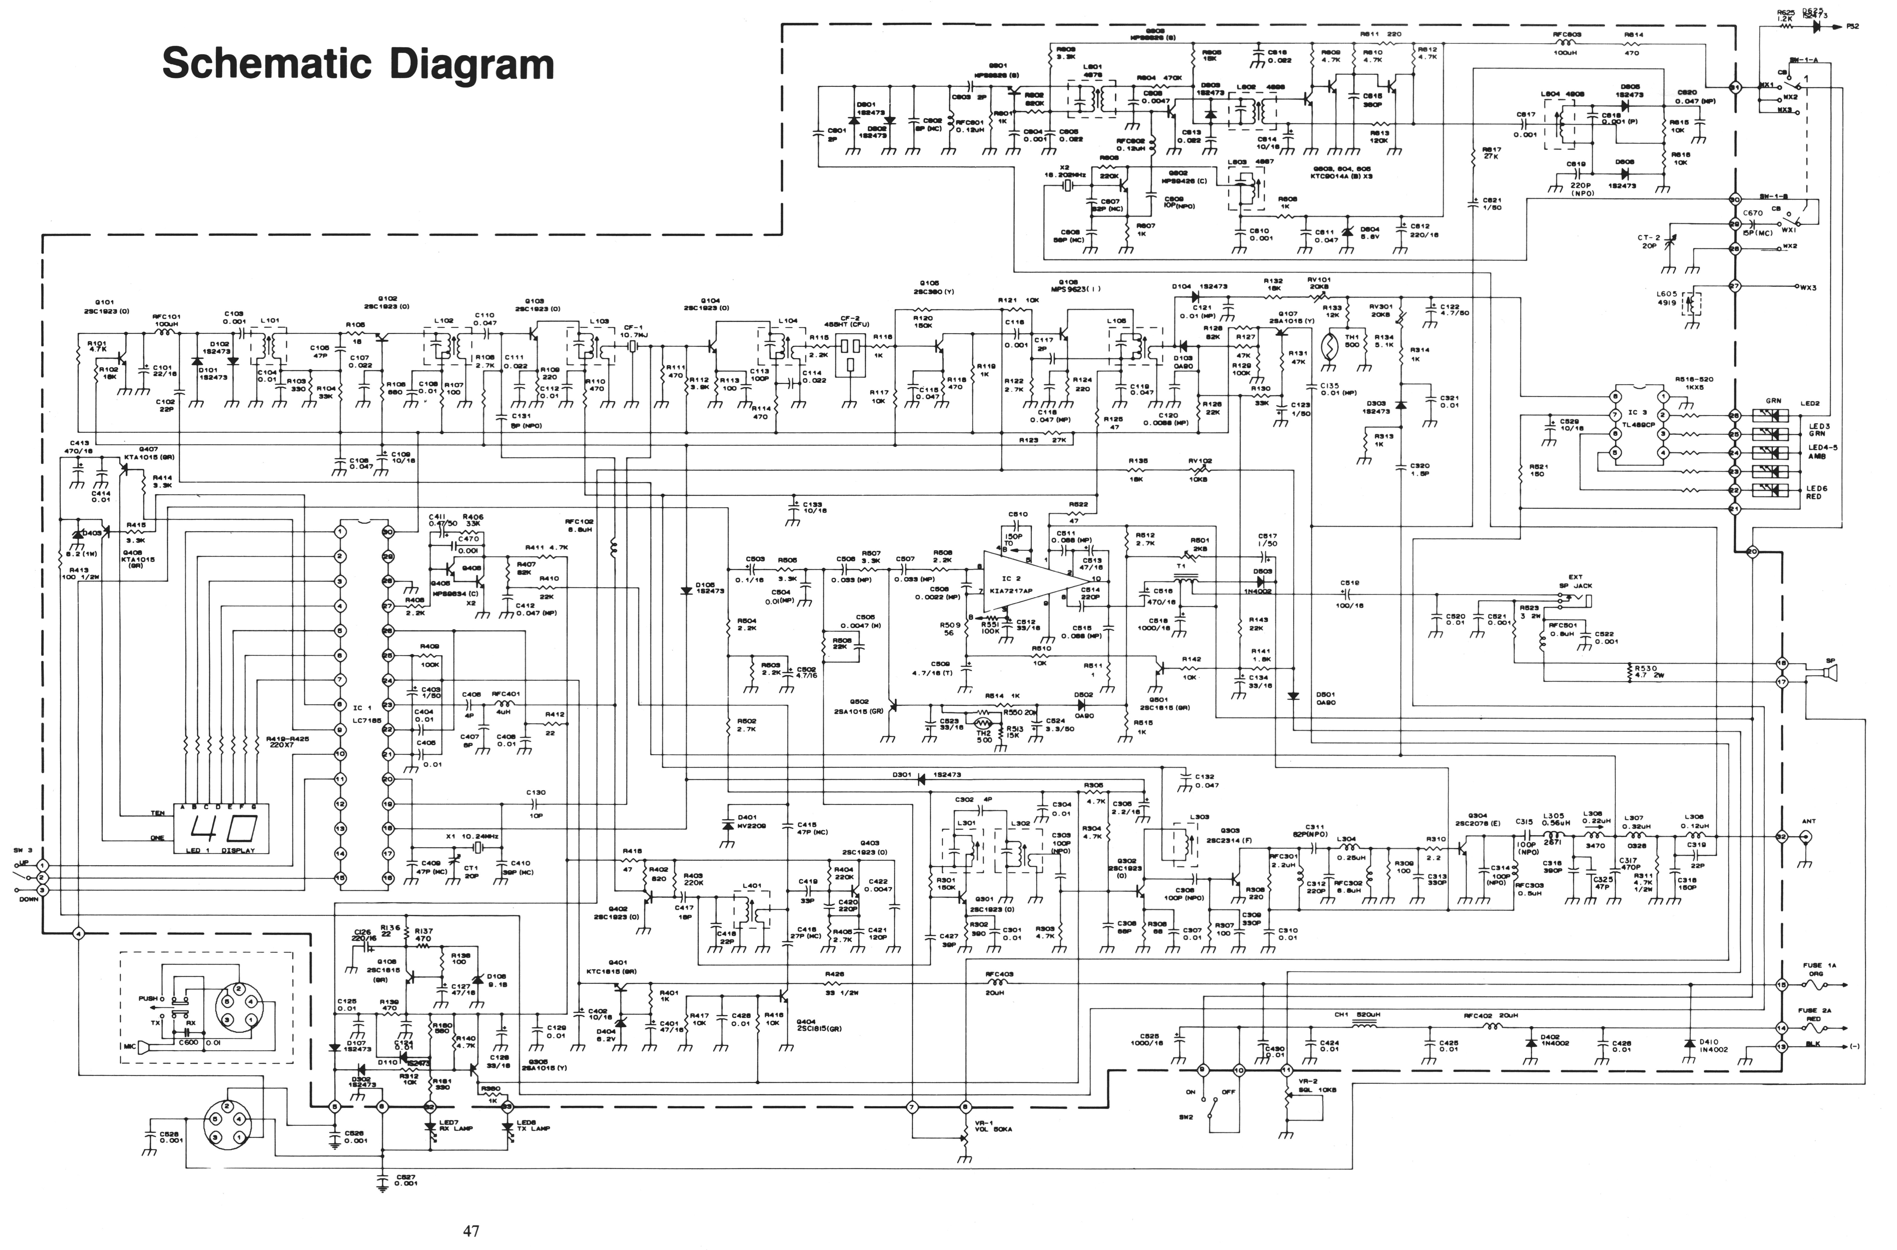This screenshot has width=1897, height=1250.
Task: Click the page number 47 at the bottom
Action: [471, 1230]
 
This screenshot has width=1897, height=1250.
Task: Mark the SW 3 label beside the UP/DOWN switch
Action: [22, 851]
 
